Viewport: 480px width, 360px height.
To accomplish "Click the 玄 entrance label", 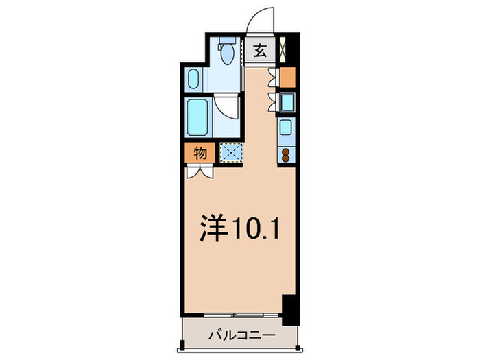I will pyautogui.click(x=262, y=49).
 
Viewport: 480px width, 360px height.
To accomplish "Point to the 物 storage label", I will pyautogui.click(x=199, y=153).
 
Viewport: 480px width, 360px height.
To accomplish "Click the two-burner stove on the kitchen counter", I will pyautogui.click(x=285, y=154).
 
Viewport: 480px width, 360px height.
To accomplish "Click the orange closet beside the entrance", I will pyautogui.click(x=288, y=76).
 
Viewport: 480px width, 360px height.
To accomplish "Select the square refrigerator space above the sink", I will pyautogui.click(x=287, y=101).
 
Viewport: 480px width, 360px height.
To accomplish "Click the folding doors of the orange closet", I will pyautogui.click(x=274, y=77).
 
